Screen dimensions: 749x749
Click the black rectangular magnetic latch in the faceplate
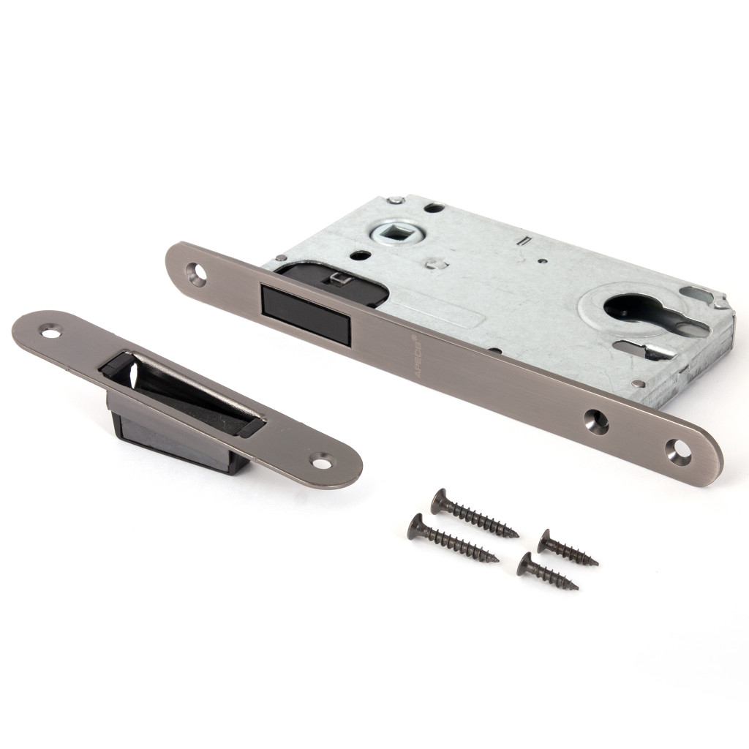306,309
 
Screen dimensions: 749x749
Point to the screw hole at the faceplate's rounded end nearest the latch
196,271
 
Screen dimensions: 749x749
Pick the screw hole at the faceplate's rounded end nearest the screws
679,450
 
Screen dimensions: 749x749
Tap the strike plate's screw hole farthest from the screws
50,330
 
